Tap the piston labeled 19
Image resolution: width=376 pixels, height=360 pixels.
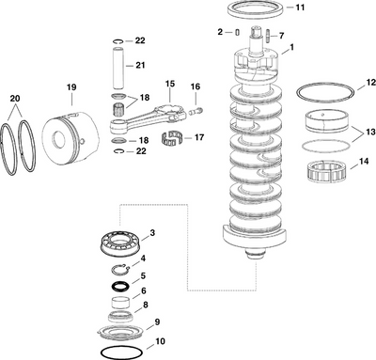click(63, 133)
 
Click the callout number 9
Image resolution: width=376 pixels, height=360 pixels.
click(156, 322)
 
